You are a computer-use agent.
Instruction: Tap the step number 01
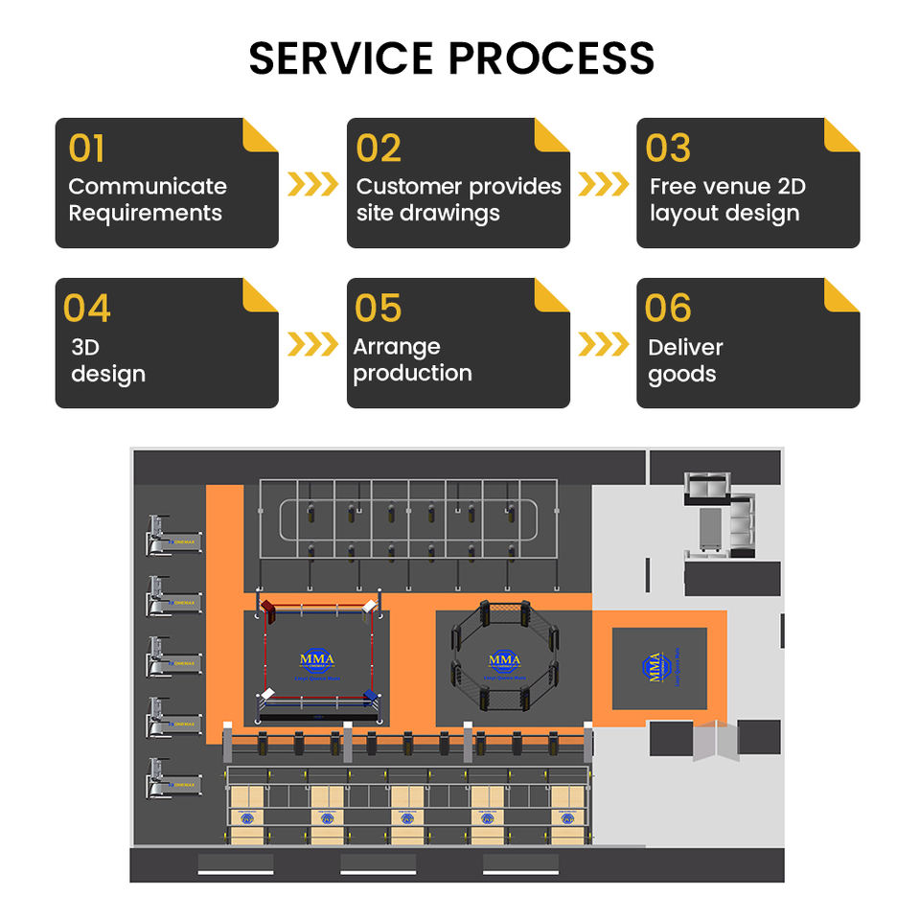[86, 149]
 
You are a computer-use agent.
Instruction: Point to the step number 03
[668, 149]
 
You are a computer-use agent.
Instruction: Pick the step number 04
[86, 309]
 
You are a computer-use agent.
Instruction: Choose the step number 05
[378, 309]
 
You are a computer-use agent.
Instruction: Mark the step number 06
[668, 309]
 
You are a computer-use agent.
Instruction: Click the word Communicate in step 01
[148, 187]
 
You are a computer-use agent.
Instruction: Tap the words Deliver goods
[685, 360]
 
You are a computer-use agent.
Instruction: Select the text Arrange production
[412, 360]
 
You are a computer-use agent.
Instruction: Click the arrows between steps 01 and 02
[312, 184]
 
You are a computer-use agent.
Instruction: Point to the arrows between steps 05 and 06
[604, 344]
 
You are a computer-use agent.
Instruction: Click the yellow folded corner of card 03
[841, 135]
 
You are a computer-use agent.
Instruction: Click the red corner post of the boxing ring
[268, 608]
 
